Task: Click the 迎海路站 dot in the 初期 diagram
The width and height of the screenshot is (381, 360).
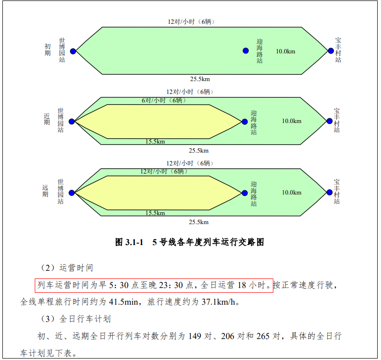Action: tap(246, 51)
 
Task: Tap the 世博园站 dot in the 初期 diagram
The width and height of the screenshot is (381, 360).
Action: tap(73, 51)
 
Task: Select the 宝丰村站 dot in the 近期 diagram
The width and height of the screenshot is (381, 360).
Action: tap(330, 121)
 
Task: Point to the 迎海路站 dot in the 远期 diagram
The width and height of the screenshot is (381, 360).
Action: tap(245, 193)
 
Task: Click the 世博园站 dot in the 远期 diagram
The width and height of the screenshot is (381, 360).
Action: tap(72, 193)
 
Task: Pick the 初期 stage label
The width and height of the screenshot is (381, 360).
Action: tap(48, 50)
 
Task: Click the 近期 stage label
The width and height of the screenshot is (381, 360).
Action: tap(47, 119)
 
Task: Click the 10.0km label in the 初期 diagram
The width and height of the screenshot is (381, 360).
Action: tap(285, 51)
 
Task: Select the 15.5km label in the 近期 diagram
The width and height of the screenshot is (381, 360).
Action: tap(155, 142)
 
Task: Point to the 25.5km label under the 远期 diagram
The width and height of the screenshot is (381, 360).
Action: tap(199, 222)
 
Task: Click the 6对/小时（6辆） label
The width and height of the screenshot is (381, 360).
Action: tap(161, 100)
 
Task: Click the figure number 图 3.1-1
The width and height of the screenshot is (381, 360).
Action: tap(130, 242)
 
